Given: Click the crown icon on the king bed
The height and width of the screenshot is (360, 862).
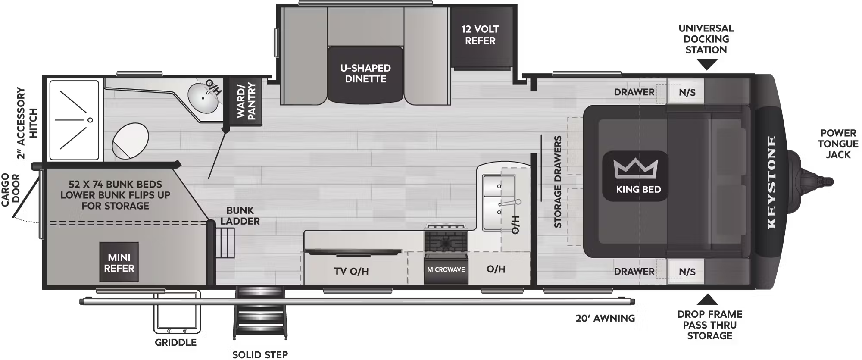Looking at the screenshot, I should (x=636, y=169).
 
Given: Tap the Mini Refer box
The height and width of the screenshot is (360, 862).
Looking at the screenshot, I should (x=119, y=262).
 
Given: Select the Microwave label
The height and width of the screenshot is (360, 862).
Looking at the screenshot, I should (x=446, y=269).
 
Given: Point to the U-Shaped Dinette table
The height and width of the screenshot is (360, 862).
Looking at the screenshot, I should (x=365, y=74).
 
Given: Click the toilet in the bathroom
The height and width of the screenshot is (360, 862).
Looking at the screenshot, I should (x=130, y=141).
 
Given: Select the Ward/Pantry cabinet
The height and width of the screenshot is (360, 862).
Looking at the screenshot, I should (x=246, y=101).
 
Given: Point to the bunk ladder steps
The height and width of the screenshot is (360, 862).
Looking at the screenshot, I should (x=225, y=243).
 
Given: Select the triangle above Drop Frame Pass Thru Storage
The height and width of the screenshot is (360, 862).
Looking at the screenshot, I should (x=707, y=300).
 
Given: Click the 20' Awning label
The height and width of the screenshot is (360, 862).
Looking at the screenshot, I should (x=605, y=318).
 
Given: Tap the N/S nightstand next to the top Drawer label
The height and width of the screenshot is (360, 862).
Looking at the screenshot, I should (x=687, y=92).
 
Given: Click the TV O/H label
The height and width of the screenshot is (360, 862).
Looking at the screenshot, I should (x=351, y=271).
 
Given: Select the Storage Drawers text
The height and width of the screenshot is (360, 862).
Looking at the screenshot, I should (x=558, y=182).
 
